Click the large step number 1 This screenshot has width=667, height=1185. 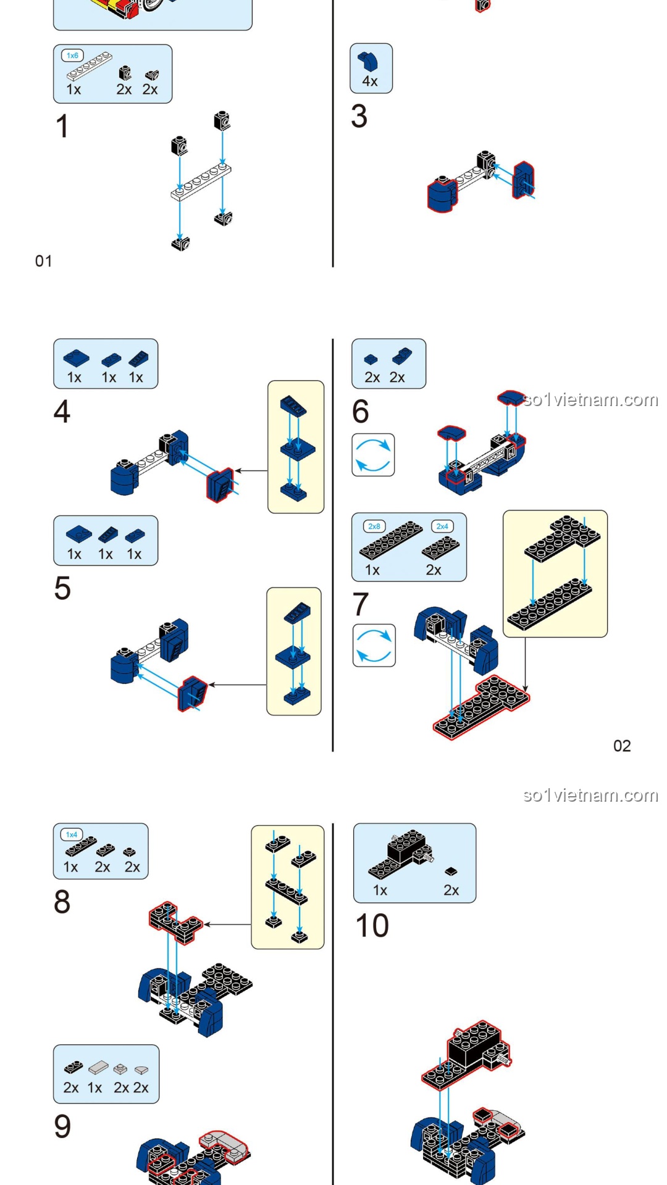[62, 127]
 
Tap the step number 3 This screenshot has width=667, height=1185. [359, 117]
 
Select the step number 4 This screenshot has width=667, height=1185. [62, 412]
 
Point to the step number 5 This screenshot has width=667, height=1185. [62, 588]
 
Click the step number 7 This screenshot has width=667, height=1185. [361, 604]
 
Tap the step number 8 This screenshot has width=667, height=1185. [62, 902]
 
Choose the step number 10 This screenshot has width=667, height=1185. [372, 926]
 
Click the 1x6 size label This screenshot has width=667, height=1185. [72, 56]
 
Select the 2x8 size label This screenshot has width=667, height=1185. [374, 526]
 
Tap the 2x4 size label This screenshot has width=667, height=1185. [442, 526]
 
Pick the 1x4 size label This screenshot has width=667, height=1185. [72, 834]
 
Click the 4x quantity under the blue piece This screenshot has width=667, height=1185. [370, 81]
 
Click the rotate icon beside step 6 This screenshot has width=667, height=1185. [373, 455]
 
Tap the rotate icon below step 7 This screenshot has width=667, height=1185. [374, 646]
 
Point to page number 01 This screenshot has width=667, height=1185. [43, 261]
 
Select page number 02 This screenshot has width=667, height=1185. [622, 746]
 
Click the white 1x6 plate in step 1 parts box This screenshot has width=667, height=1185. [90, 67]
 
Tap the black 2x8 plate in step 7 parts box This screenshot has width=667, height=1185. [390, 539]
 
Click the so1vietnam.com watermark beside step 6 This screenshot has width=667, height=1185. [590, 400]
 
